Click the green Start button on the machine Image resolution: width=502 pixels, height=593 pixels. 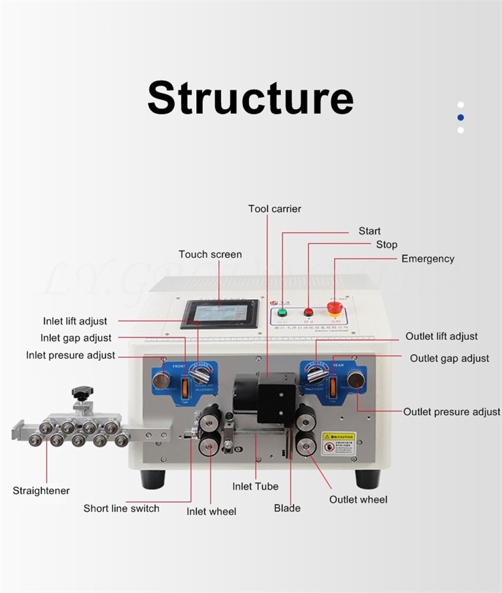[x=282, y=311]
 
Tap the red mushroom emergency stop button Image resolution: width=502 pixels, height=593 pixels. [x=334, y=307]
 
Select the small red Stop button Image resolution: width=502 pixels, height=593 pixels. [x=308, y=312]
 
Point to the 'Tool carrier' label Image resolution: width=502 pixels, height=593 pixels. [x=274, y=209]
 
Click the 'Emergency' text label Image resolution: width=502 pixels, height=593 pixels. [x=427, y=258]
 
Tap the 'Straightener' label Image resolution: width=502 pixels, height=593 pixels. [x=41, y=491]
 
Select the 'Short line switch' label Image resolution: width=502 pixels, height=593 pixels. [x=121, y=508]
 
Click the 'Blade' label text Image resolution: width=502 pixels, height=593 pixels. [x=287, y=508]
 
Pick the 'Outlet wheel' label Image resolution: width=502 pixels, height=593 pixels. [x=358, y=499]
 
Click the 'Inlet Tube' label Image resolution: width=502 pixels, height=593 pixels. [x=255, y=487]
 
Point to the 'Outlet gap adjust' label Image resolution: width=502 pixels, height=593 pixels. [x=449, y=358]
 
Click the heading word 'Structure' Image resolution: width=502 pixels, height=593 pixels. [x=250, y=98]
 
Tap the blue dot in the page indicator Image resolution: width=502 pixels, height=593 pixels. [x=461, y=117]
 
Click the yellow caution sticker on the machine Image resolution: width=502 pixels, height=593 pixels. [x=339, y=443]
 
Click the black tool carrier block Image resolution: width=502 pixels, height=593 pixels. [x=276, y=397]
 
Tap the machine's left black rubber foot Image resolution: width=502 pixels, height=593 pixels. [x=153, y=479]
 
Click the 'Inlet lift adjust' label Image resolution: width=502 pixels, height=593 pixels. [x=75, y=321]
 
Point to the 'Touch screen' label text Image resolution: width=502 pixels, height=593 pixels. [x=210, y=254]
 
